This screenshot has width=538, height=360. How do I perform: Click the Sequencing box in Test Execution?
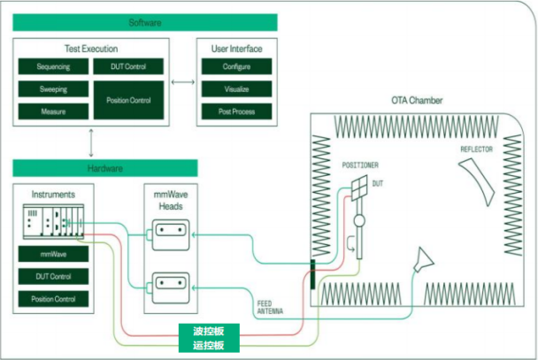point(53,66)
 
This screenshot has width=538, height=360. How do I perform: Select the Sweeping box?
point(53,89)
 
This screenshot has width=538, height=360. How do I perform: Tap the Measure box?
point(53,111)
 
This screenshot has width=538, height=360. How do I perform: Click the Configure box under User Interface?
point(236,66)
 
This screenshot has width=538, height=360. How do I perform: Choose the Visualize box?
point(236,89)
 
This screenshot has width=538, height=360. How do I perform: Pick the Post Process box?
point(236,111)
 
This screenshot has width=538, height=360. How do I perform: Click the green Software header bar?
point(145,23)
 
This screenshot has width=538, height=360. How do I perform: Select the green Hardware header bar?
point(105,168)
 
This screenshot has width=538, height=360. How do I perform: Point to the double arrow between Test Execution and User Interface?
point(183,82)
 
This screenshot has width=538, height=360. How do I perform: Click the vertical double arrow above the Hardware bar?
point(91,143)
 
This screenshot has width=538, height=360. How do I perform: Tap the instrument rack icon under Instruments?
point(53,221)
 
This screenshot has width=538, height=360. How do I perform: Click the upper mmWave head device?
point(171,235)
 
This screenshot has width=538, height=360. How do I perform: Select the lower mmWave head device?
point(171,288)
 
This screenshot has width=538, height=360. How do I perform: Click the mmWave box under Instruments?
point(53,254)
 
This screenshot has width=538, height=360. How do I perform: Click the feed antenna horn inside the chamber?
point(424,259)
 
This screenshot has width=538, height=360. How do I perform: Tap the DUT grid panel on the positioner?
point(359,188)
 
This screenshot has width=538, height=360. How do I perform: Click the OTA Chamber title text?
point(417,101)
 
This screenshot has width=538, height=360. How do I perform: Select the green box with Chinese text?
point(209,338)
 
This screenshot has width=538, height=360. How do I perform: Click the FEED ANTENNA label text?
point(270,308)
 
